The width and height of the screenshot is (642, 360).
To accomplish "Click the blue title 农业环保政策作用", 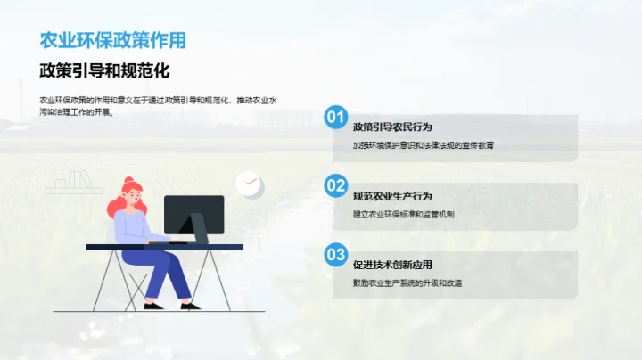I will [x=113, y=40].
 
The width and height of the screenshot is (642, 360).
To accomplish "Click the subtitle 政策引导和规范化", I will [x=104, y=70].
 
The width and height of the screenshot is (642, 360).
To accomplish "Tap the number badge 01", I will [x=335, y=117].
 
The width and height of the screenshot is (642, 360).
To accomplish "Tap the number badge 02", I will [x=335, y=185].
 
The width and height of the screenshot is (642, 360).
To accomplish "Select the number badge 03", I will [x=335, y=255].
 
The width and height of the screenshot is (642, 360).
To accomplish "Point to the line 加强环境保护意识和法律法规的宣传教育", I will [x=423, y=145].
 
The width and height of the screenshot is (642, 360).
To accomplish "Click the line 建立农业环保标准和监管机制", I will [x=404, y=214].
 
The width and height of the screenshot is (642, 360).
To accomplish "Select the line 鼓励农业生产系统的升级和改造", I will [x=407, y=283].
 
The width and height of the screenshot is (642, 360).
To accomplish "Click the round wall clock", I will [x=249, y=184].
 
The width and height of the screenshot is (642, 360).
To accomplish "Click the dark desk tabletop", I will [x=164, y=246].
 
